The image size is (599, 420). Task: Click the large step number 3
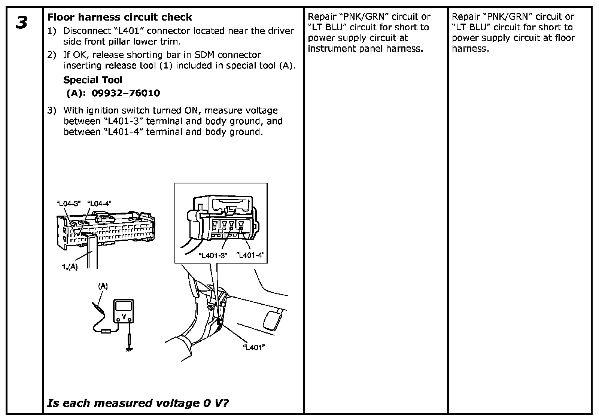(22, 23)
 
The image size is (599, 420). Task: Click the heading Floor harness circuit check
(119, 17)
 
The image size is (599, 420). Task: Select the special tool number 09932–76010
(126, 93)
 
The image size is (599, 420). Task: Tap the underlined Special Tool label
(93, 80)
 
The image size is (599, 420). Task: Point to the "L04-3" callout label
(69, 204)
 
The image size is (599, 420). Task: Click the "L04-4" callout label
(99, 204)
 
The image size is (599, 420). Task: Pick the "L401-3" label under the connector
(213, 256)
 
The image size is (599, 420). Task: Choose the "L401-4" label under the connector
(250, 255)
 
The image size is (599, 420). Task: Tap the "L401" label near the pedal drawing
(254, 347)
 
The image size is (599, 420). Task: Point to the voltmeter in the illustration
(124, 311)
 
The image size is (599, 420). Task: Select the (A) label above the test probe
(103, 286)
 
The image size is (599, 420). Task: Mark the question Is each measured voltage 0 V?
(138, 403)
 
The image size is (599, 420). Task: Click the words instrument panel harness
(365, 49)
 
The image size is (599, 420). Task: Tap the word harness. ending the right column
(470, 49)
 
